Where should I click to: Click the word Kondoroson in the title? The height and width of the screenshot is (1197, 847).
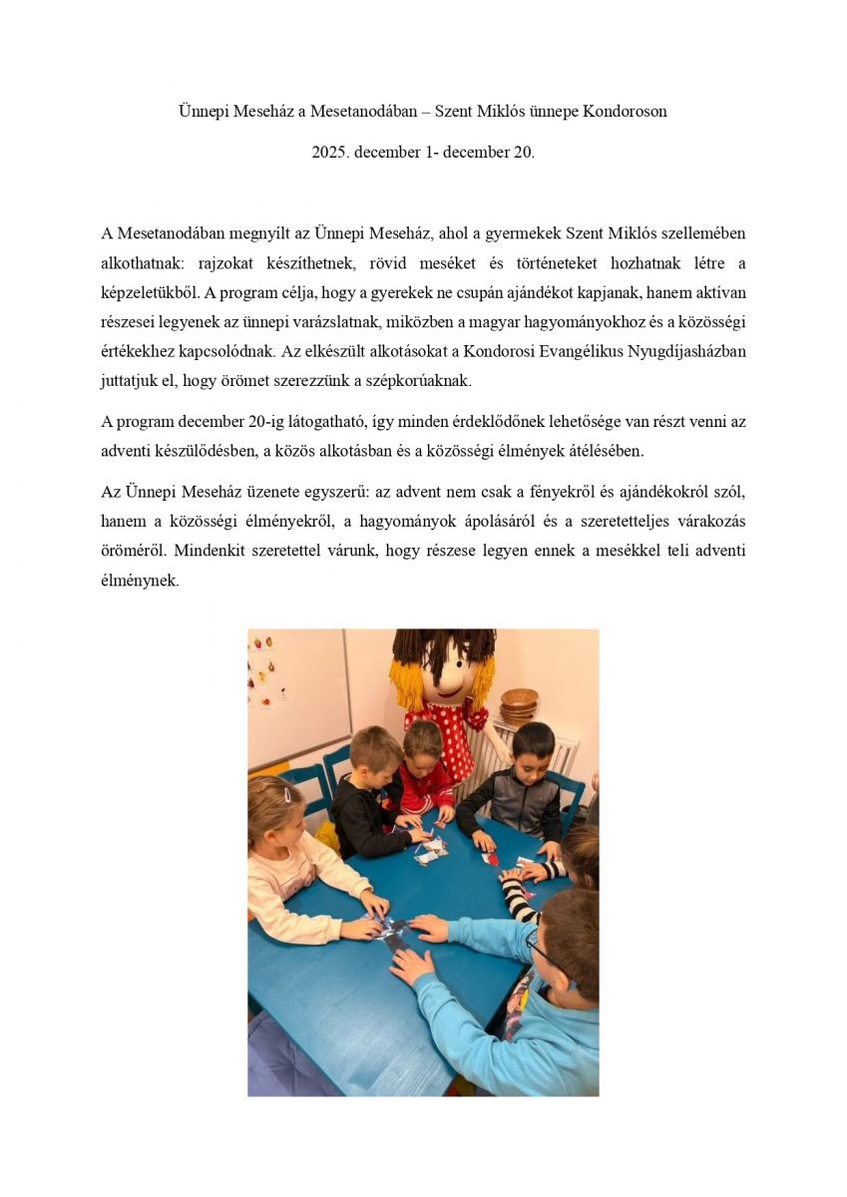pos(627,112)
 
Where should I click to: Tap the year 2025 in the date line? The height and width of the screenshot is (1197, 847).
pos(330,153)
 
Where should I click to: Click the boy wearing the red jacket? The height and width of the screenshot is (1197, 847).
pos(423,773)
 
